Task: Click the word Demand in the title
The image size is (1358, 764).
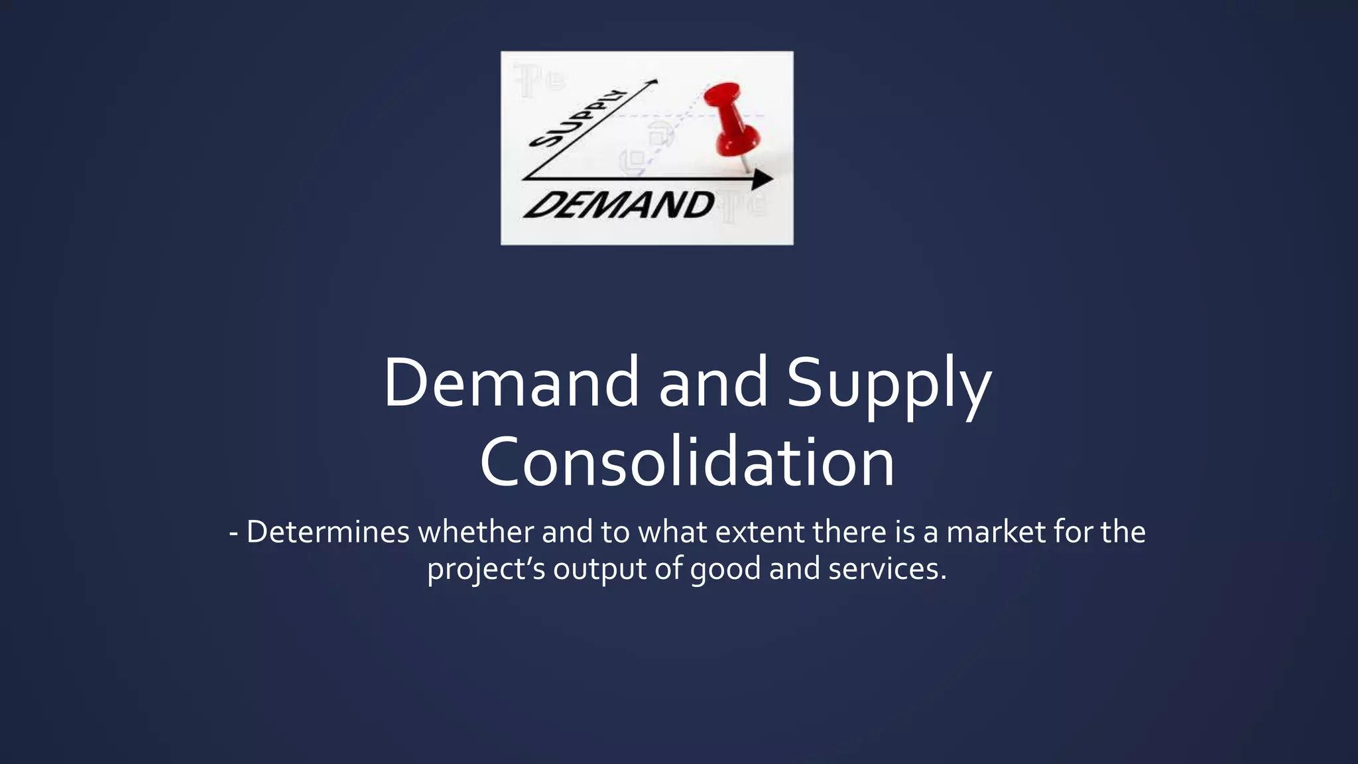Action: (x=511, y=383)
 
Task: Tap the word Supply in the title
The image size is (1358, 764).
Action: (x=889, y=385)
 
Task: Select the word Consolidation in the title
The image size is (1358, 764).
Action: (x=687, y=462)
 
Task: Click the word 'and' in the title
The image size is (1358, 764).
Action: (x=713, y=383)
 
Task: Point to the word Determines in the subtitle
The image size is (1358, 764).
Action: (x=328, y=532)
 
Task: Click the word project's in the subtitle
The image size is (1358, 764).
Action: (x=486, y=569)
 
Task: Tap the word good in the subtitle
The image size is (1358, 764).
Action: (x=725, y=569)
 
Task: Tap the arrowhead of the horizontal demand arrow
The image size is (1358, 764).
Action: (x=763, y=179)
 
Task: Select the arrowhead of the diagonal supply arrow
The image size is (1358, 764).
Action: (x=652, y=82)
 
